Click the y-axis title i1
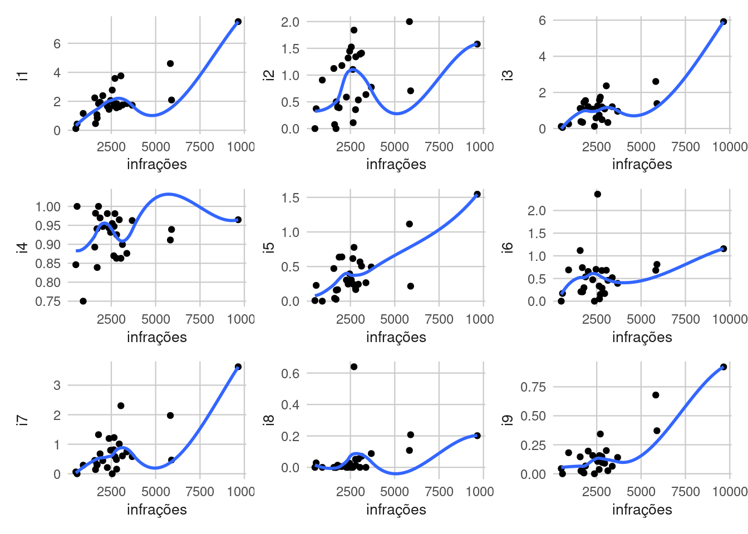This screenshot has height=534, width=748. pos(23,76)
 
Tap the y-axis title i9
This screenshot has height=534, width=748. pos(508,421)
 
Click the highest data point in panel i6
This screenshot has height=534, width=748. pos(597,194)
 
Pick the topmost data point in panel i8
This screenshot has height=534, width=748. pos(354,367)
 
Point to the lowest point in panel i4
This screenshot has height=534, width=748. pos(83,301)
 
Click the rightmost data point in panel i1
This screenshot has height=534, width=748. pos(238,22)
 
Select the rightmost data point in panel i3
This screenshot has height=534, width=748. pos(724,22)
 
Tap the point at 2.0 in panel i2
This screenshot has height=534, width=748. pos(409,22)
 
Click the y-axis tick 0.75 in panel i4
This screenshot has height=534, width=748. pos(48,301)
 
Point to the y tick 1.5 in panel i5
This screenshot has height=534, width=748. pos(291,198)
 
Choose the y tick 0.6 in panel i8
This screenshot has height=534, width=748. pos(291,374)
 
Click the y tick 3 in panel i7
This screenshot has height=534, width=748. pos(57,385)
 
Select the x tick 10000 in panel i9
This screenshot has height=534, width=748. pos(729,492)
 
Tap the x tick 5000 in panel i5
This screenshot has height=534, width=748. pos(395,319)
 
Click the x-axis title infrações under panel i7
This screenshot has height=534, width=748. pos(156,510)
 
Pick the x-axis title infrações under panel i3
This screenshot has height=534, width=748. pos(642,164)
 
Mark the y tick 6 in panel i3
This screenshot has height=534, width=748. pos(542,21)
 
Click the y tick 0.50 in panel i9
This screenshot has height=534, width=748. pos(533,416)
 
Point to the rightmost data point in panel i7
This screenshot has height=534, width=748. pos(238,367)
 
